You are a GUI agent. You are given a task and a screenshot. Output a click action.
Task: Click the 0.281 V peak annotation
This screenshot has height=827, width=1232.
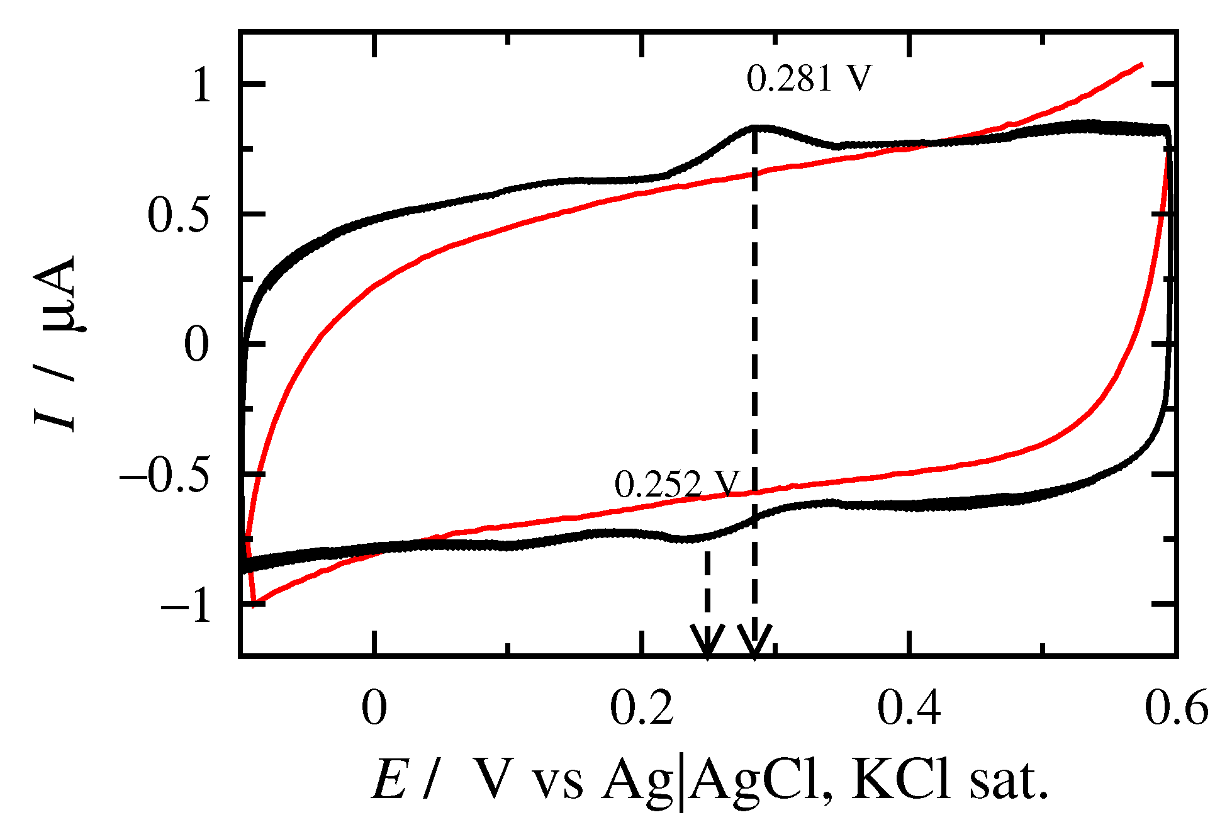point(809,80)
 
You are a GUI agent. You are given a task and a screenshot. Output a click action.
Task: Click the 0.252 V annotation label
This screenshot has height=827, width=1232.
point(675,485)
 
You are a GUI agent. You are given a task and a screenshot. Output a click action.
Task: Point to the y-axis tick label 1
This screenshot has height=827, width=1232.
point(202,85)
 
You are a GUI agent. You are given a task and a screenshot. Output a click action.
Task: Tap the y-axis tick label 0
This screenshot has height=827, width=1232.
point(196,346)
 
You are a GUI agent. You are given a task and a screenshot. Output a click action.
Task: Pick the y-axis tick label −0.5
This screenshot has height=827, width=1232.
point(164,476)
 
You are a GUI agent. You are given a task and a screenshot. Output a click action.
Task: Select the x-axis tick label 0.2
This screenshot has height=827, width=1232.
point(642,708)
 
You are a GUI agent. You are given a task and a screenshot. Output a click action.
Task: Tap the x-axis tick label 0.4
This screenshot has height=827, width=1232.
point(909,708)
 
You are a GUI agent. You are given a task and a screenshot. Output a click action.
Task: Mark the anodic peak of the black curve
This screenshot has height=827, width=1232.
point(754,128)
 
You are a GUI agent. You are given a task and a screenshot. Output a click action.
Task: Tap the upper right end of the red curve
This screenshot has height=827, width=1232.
point(1141,65)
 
